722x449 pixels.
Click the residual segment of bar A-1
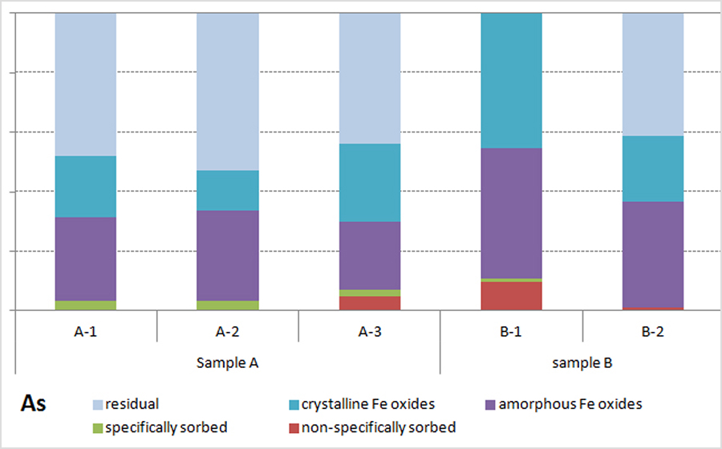(85, 84)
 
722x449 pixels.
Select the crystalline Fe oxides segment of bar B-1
(511, 80)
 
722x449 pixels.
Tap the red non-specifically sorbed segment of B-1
(511, 295)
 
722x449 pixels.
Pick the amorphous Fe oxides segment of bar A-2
(228, 255)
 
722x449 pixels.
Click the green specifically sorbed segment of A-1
(85, 305)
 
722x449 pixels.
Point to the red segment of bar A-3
(370, 303)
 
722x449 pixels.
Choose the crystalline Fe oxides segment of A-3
(370, 183)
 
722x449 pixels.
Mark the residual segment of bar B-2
(653, 75)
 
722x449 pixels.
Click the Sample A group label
(227, 362)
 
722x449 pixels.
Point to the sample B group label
(582, 362)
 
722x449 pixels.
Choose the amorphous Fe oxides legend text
(570, 404)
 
